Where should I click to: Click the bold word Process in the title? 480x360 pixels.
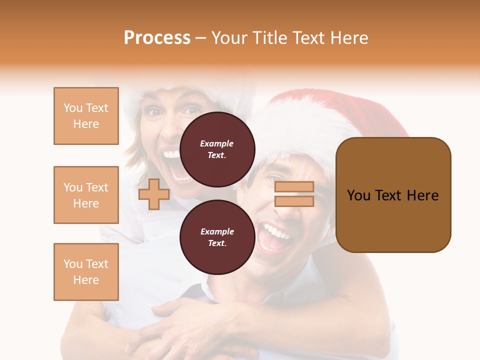coord(157,38)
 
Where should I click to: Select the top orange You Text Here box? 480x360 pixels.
coord(86,116)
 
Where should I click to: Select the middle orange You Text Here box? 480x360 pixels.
coord(86,195)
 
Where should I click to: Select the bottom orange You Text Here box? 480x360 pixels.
coord(86,272)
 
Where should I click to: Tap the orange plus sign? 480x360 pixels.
coord(154,194)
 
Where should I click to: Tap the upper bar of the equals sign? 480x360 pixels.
coord(294,187)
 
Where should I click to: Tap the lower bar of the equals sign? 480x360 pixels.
coord(294,201)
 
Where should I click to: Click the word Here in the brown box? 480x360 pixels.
coord(422,195)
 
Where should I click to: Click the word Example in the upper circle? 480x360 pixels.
coord(217,143)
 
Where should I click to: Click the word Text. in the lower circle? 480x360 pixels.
coord(217,243)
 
